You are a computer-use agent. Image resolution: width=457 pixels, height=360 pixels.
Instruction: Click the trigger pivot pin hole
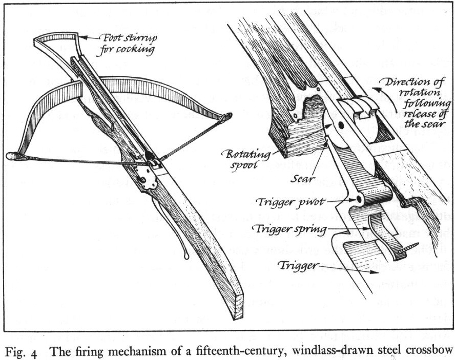click(x=359, y=198)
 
